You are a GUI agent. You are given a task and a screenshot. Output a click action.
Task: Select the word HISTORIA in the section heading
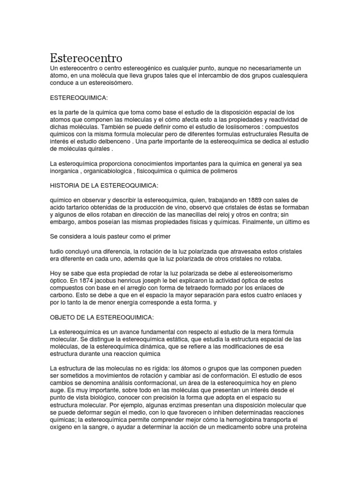[66, 186]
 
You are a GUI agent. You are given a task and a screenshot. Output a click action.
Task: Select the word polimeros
[222, 171]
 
